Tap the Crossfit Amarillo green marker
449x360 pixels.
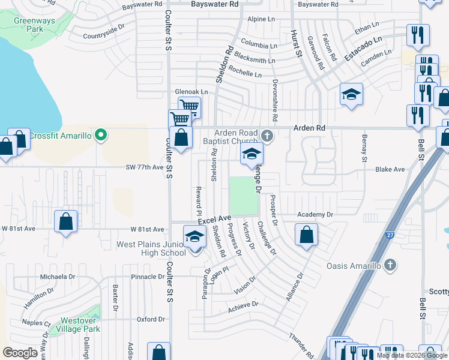(x=101, y=135)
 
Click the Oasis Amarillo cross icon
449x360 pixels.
(x=390, y=265)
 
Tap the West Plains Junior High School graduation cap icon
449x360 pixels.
(x=194, y=237)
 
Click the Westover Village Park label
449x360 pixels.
(x=75, y=325)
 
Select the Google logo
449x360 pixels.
(x=20, y=353)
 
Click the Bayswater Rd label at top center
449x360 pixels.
(x=214, y=4)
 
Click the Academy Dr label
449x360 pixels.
(x=315, y=214)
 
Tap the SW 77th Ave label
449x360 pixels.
(x=144, y=169)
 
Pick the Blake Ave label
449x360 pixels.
(x=390, y=169)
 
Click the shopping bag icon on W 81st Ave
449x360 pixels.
(x=65, y=221)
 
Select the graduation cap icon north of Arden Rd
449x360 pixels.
(x=351, y=95)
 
